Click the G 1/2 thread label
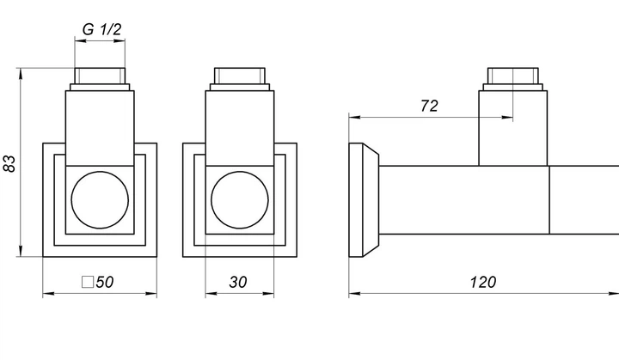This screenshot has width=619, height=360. point(101,29)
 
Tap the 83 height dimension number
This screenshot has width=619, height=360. point(9,164)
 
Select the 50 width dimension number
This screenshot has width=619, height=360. point(105,282)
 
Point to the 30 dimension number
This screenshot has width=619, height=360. point(238,282)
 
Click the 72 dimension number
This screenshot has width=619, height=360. point(429,106)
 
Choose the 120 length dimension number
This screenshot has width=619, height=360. point(483,282)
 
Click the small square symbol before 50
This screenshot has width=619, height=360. point(88,282)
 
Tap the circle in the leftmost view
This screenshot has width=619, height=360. point(100,199)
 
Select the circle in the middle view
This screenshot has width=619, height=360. point(240,199)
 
